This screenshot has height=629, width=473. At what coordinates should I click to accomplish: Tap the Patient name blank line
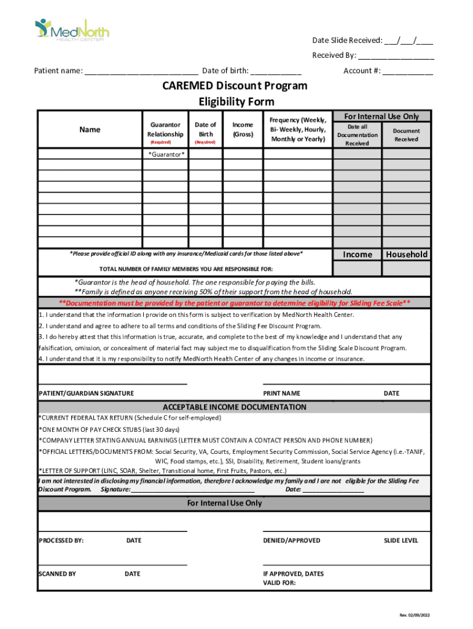pos(141,71)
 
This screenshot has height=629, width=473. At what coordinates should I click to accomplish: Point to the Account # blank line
pos(407,71)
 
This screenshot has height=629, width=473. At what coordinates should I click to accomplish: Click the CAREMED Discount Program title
pos(235,85)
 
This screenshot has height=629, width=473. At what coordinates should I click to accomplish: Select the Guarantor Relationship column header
pos(165,130)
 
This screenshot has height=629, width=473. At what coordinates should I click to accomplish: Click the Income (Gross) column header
pos(243,130)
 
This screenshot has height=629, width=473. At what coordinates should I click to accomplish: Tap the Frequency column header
pos(298,130)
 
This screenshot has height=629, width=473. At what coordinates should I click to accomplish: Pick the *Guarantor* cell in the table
pos(165,154)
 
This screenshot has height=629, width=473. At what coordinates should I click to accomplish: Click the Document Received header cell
pos(406,135)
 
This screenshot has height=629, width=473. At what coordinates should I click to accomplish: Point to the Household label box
pos(406,254)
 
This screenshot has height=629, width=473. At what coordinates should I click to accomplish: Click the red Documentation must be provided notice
pos(235,303)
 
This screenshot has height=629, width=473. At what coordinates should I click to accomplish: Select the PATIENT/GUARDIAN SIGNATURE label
pos(86,393)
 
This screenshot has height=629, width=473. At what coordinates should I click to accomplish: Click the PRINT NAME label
pos(281,393)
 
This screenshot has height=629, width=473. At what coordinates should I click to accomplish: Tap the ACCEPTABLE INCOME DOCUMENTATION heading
pos(234,407)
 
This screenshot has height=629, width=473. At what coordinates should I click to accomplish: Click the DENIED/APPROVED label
pos(291,541)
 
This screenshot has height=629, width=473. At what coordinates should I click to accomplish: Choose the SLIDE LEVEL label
pos(401,541)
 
